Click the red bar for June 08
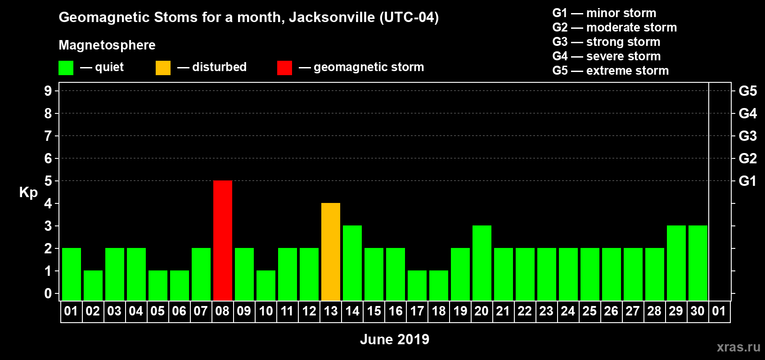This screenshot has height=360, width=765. pyautogui.click(x=223, y=240)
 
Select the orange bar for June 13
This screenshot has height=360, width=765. pyautogui.click(x=331, y=252)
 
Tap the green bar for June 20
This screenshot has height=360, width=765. pyautogui.click(x=482, y=263)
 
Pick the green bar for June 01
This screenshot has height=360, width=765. pyautogui.click(x=72, y=274)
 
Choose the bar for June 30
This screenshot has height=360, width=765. pyautogui.click(x=698, y=263)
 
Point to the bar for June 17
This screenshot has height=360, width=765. pyautogui.click(x=417, y=285)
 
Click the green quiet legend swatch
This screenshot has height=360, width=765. pyautogui.click(x=66, y=68)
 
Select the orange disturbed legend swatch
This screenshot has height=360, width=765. pyautogui.click(x=163, y=68)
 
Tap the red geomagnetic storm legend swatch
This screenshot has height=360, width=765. pyautogui.click(x=285, y=68)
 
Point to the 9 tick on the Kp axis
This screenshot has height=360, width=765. pyautogui.click(x=48, y=91)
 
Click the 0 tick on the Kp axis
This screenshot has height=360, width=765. pyautogui.click(x=48, y=294)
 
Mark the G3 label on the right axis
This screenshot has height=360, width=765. pyautogui.click(x=747, y=136)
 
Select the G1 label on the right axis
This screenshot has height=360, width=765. pyautogui.click(x=747, y=181)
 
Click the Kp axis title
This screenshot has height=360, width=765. pyautogui.click(x=28, y=193)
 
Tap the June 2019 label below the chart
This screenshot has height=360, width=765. pyautogui.click(x=395, y=339)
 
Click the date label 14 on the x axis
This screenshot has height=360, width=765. pyautogui.click(x=352, y=311)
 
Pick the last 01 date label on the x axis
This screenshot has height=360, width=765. pyautogui.click(x=719, y=311)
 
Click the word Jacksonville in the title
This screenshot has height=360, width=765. pyautogui.click(x=332, y=18)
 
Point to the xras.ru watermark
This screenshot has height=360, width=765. pyautogui.click(x=738, y=347)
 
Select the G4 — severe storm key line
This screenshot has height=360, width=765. pyautogui.click(x=607, y=56)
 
